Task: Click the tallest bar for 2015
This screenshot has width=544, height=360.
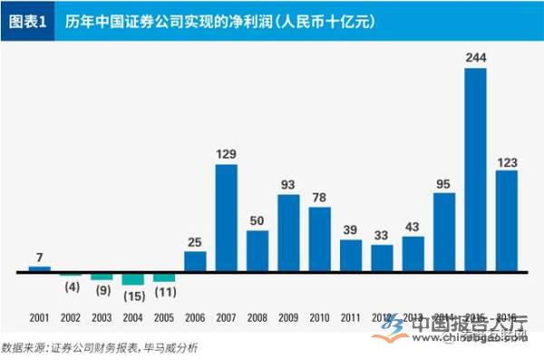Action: (x=475, y=170)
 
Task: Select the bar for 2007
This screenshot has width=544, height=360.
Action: (x=226, y=218)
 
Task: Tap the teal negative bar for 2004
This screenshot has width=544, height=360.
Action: (x=132, y=278)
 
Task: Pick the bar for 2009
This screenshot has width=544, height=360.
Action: (x=288, y=232)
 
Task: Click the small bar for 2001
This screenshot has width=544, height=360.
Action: (x=39, y=268)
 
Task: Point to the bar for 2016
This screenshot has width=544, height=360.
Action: (x=507, y=220)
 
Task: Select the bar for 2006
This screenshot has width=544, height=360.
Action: (x=195, y=261)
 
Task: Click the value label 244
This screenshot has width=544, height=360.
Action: (x=476, y=58)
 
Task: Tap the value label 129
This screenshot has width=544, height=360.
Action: (x=227, y=154)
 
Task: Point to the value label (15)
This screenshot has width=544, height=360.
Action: (x=133, y=295)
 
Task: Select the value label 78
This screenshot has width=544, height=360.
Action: (x=320, y=198)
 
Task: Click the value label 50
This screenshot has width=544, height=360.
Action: (x=257, y=220)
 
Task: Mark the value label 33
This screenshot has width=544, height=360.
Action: (x=382, y=235)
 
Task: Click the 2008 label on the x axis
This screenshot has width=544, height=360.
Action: (x=257, y=318)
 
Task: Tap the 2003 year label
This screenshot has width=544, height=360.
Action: (x=102, y=318)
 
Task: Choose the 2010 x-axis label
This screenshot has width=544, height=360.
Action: (x=320, y=318)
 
